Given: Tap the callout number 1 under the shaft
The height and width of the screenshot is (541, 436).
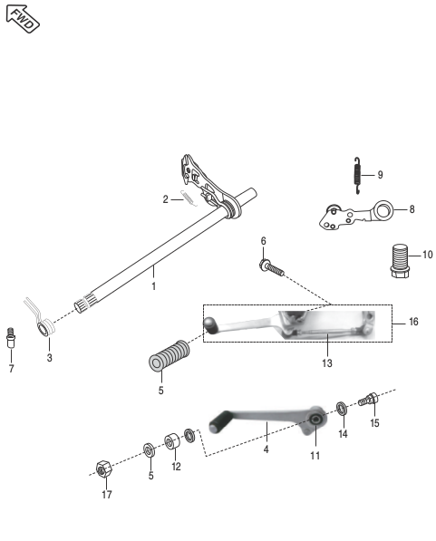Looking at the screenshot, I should pos(154,286).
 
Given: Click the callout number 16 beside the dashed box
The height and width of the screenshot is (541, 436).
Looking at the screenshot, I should pos(413,322).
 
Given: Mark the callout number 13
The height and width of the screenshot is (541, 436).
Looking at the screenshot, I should pos(326,363).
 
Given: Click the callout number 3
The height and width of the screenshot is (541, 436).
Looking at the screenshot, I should pos(50,359).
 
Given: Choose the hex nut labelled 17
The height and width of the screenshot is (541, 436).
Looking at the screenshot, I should pos(104,469).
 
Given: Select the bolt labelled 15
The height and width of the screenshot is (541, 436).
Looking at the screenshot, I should pos(371,400).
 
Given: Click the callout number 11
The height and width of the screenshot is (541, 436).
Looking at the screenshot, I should pos(315,456).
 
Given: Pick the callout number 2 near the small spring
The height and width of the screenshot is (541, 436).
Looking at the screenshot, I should pos(166,199).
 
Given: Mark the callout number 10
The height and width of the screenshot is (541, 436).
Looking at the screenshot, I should pos(427,255).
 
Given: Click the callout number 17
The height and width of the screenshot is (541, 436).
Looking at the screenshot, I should pos(107,496).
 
